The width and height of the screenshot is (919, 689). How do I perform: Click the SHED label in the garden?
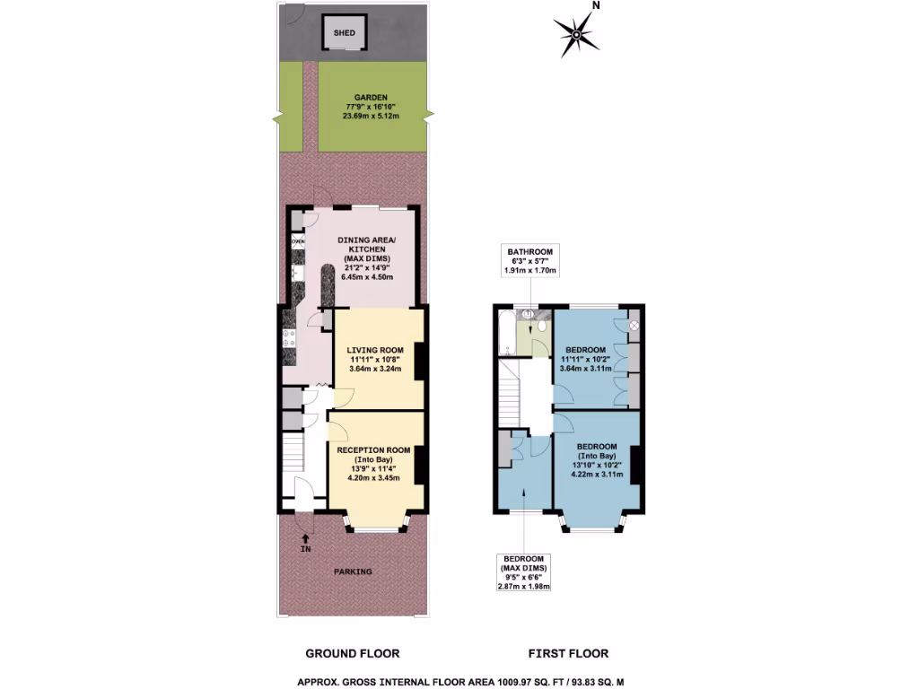click(345, 33)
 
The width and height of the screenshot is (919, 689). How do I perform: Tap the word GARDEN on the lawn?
click(370, 97)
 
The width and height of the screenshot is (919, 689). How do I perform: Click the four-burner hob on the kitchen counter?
click(289, 338)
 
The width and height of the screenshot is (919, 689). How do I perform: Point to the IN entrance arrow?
click(305, 541)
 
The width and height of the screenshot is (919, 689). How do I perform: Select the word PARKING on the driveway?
click(353, 571)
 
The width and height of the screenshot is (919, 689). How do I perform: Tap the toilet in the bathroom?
click(542, 316)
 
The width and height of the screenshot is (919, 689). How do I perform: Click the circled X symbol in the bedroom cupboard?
click(633, 325)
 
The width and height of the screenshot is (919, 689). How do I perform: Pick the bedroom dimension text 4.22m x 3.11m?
click(596, 474)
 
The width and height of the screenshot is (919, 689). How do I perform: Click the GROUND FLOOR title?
click(353, 654)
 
